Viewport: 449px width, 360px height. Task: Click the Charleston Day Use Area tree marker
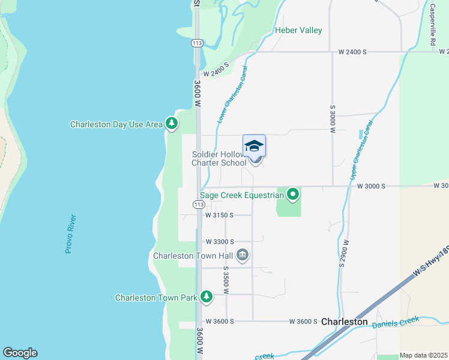172,124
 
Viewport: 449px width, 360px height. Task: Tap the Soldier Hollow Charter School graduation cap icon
254,146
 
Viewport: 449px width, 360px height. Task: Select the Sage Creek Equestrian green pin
293,194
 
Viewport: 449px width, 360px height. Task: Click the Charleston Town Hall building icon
243,256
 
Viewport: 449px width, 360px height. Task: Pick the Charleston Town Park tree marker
206,297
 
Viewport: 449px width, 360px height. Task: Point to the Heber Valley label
298,30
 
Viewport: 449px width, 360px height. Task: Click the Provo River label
69,233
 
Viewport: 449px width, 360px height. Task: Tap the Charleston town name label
344,322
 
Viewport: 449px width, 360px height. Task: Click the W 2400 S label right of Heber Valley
352,52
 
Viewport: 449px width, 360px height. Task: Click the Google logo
20,353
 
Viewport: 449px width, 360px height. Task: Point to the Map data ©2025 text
423,355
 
